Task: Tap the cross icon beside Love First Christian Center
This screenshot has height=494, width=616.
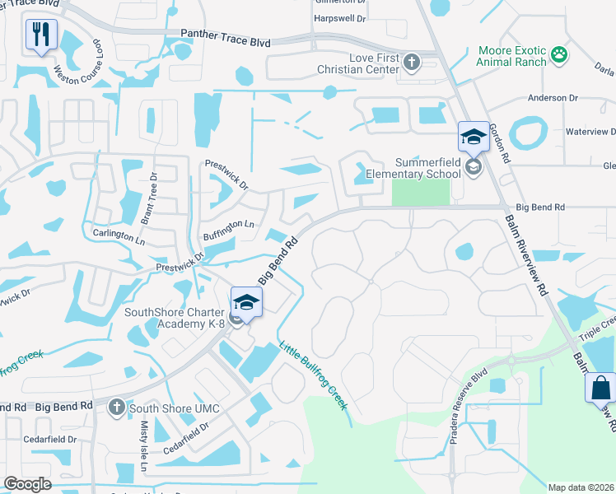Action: click(412, 61)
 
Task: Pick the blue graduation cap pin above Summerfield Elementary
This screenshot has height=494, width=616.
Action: click(474, 137)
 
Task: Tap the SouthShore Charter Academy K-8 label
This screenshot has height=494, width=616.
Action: click(175, 318)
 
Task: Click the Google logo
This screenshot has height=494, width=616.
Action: click(27, 484)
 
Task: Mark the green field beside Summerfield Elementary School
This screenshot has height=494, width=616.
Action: click(420, 192)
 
